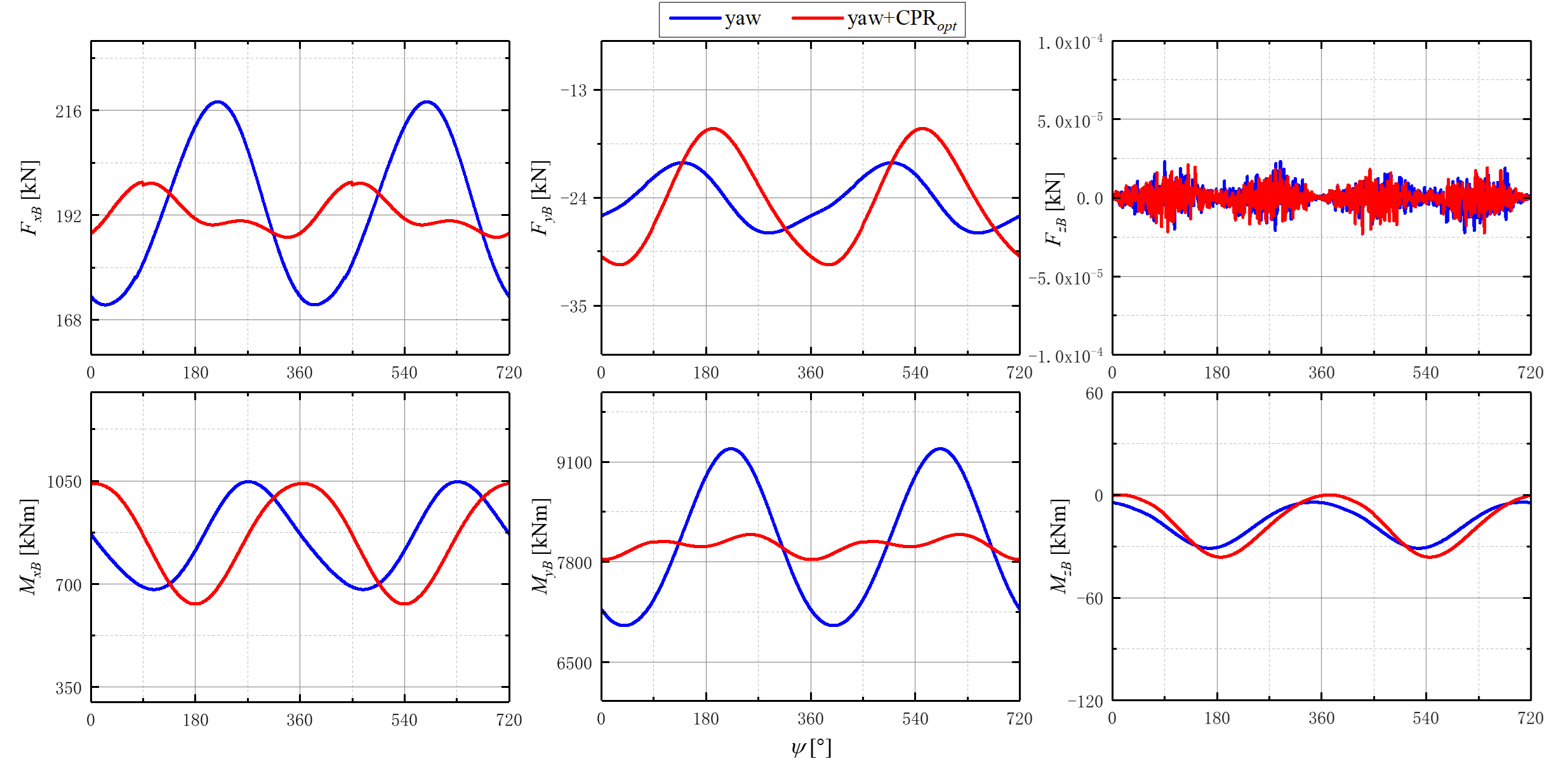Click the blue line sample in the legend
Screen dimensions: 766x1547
(695, 18)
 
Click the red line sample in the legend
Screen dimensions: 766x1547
(818, 18)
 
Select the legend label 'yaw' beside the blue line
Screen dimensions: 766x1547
(743, 18)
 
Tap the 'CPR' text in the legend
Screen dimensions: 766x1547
(916, 18)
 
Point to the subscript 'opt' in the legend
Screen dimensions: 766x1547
(946, 27)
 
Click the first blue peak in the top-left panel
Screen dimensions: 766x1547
(218, 102)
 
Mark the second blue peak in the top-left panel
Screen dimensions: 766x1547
(428, 102)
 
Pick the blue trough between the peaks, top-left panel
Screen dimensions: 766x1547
(315, 304)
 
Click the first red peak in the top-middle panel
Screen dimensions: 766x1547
(714, 129)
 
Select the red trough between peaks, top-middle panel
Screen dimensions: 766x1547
(829, 264)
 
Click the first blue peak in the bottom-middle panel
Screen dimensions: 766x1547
(732, 449)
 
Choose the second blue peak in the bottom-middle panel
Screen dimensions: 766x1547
(941, 449)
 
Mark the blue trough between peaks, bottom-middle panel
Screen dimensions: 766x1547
(834, 625)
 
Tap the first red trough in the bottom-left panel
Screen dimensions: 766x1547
(197, 603)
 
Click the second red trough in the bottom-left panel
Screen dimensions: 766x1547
(405, 603)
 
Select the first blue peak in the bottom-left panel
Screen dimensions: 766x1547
(249, 481)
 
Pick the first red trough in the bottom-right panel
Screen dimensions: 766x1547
(1221, 557)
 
